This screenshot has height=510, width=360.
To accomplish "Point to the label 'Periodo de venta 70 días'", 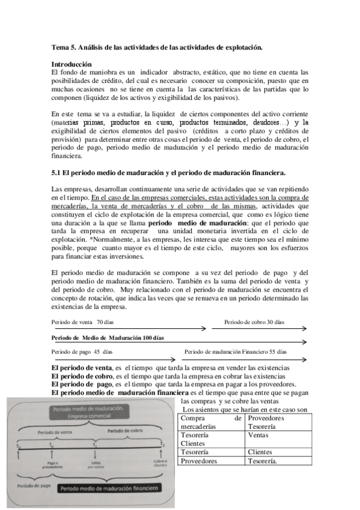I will pos(82,322).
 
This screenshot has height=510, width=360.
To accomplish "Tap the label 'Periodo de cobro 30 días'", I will pos(254,322).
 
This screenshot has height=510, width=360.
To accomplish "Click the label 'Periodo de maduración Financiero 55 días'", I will pos(236,351).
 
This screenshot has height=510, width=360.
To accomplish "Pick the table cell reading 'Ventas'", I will pos(258,435).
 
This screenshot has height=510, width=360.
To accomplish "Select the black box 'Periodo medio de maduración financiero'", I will pos(111,488).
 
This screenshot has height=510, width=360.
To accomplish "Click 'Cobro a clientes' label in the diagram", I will pos(159,464).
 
